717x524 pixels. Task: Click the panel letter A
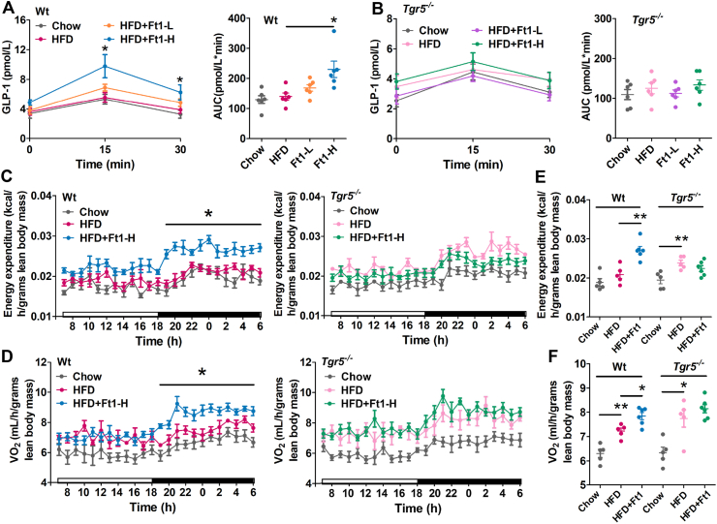coord(8,9)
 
